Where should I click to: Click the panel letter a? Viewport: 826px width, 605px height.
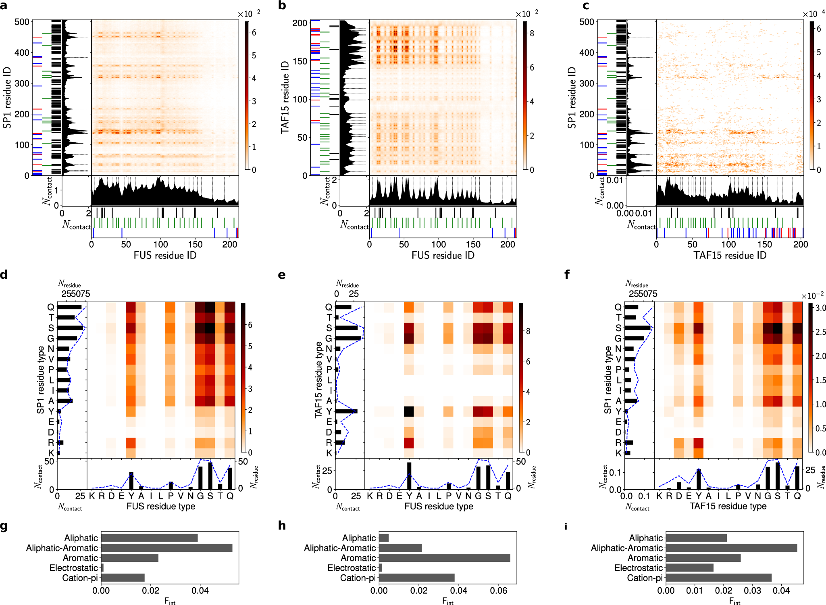tap(4, 6)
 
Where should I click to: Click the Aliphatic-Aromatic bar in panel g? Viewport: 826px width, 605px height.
tap(166, 548)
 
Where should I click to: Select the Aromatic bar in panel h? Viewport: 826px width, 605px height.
tap(444, 558)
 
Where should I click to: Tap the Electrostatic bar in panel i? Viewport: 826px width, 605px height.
tap(689, 568)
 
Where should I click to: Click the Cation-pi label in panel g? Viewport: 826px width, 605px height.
tap(80, 578)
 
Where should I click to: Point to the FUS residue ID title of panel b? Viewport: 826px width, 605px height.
tap(443, 255)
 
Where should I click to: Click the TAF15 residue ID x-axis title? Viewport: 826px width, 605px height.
tap(730, 255)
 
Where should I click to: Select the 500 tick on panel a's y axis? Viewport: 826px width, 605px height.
tap(22, 22)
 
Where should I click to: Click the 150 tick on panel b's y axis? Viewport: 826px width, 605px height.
tap(300, 61)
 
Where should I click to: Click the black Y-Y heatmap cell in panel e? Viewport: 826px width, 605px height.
tap(409, 411)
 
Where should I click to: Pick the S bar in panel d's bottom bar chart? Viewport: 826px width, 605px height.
tap(210, 476)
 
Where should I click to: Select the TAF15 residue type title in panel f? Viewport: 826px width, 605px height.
tap(728, 506)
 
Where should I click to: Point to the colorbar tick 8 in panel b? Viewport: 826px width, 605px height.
tap(532, 33)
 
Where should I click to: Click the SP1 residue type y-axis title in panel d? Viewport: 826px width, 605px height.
tap(41, 380)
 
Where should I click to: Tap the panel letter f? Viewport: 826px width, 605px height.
tap(567, 275)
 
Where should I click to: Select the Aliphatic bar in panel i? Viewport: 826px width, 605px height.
tap(696, 538)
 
